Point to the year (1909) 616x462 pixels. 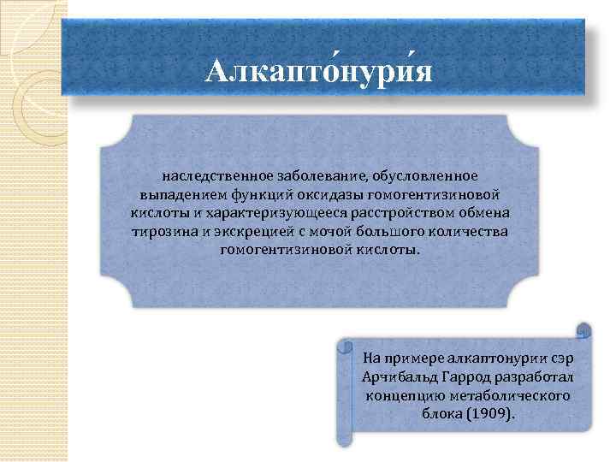(489, 415)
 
